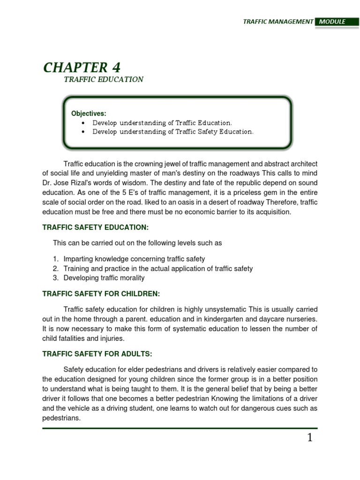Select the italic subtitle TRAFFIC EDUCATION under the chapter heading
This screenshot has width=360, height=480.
104,80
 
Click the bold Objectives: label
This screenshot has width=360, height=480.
89,114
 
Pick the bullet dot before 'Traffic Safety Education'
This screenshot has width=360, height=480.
83,132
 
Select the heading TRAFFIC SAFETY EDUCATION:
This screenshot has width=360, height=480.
95,227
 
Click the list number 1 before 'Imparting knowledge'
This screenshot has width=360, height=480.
55,259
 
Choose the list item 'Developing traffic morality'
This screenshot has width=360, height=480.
104,278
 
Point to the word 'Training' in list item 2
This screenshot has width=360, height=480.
76,269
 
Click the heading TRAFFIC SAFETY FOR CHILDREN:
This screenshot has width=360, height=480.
101,294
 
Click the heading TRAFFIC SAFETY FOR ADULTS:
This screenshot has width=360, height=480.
97,354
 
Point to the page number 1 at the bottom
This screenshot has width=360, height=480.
309,438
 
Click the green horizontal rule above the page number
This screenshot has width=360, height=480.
180,428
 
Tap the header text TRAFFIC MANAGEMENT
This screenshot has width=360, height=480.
278,22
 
